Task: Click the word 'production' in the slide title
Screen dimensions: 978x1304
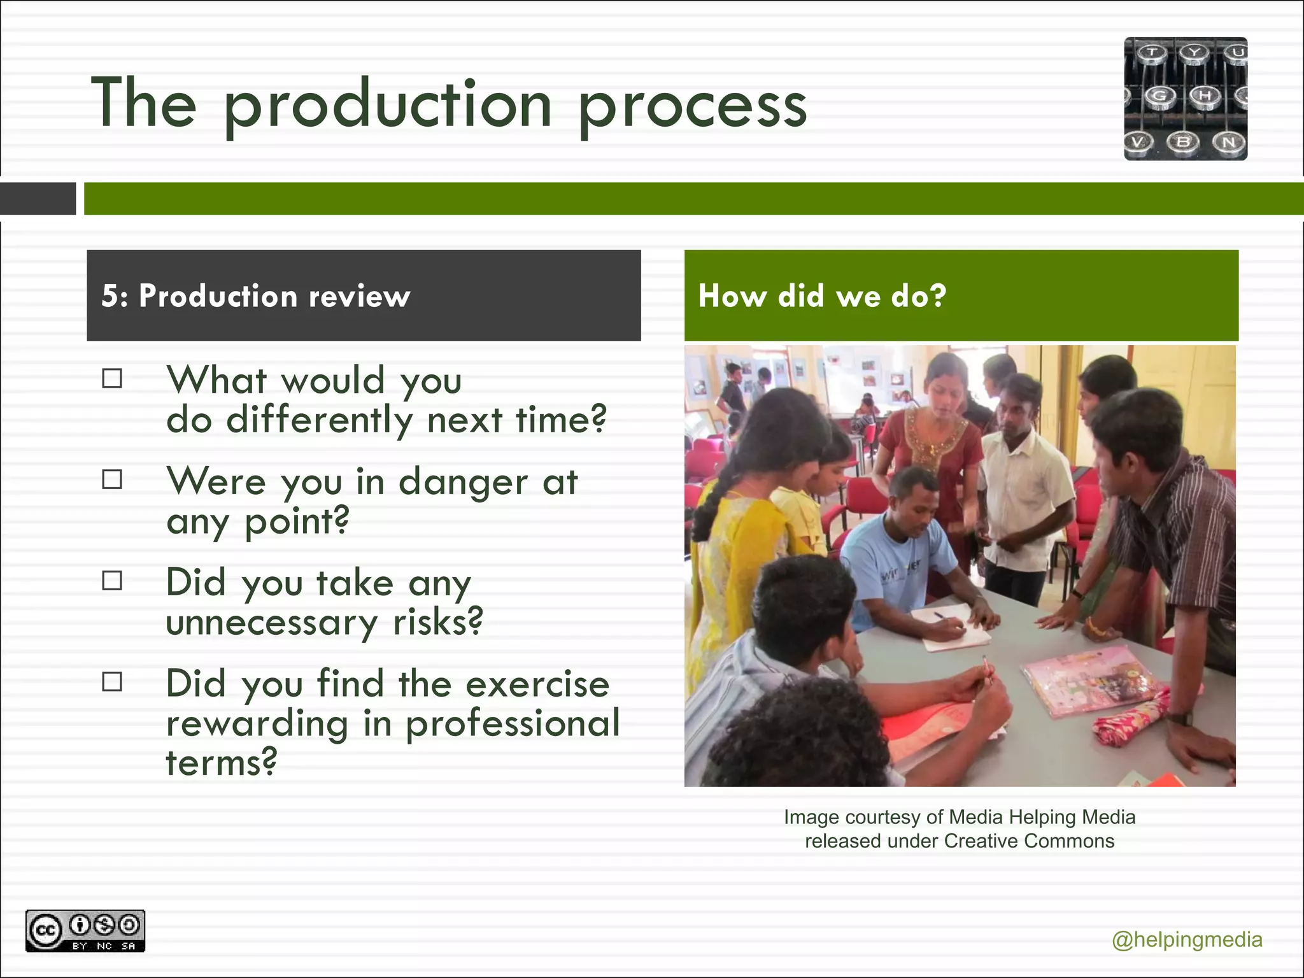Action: coord(387,105)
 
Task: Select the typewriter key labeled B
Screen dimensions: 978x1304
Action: coord(1182,141)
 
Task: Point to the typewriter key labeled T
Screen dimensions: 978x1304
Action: coord(1152,52)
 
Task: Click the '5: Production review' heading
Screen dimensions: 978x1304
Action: coord(255,296)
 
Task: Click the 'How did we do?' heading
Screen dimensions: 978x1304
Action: coord(822,296)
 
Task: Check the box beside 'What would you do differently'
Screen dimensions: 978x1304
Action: coord(112,379)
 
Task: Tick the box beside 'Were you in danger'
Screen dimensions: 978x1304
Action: coord(112,479)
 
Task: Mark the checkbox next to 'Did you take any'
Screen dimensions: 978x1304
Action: coord(112,581)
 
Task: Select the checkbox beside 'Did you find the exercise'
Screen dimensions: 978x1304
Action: coord(112,682)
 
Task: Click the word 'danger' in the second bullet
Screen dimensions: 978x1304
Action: coord(463,482)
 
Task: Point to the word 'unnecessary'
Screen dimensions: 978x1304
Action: coord(271,622)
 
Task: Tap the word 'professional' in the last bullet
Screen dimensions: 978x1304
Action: coord(513,723)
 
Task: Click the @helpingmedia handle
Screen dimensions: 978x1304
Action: coord(1187,940)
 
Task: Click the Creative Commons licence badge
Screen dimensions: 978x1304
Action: coord(85,931)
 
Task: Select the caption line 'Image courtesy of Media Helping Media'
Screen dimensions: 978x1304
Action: coord(960,817)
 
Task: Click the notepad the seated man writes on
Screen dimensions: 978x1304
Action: coord(953,629)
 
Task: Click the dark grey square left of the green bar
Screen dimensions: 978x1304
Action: coord(38,199)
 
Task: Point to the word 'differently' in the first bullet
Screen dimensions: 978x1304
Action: coord(319,420)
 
